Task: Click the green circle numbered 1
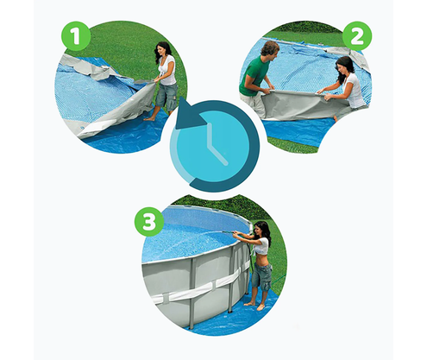click(76, 36)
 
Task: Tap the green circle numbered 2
click(357, 36)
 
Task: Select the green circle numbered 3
click(149, 222)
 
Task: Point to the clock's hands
click(215, 144)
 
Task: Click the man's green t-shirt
click(253, 76)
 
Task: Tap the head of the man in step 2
click(270, 49)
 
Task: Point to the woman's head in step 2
click(344, 66)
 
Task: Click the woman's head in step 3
click(263, 230)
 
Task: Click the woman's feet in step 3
click(256, 306)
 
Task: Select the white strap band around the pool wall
click(201, 287)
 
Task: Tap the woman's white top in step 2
click(355, 91)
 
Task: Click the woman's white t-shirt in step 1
click(168, 70)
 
